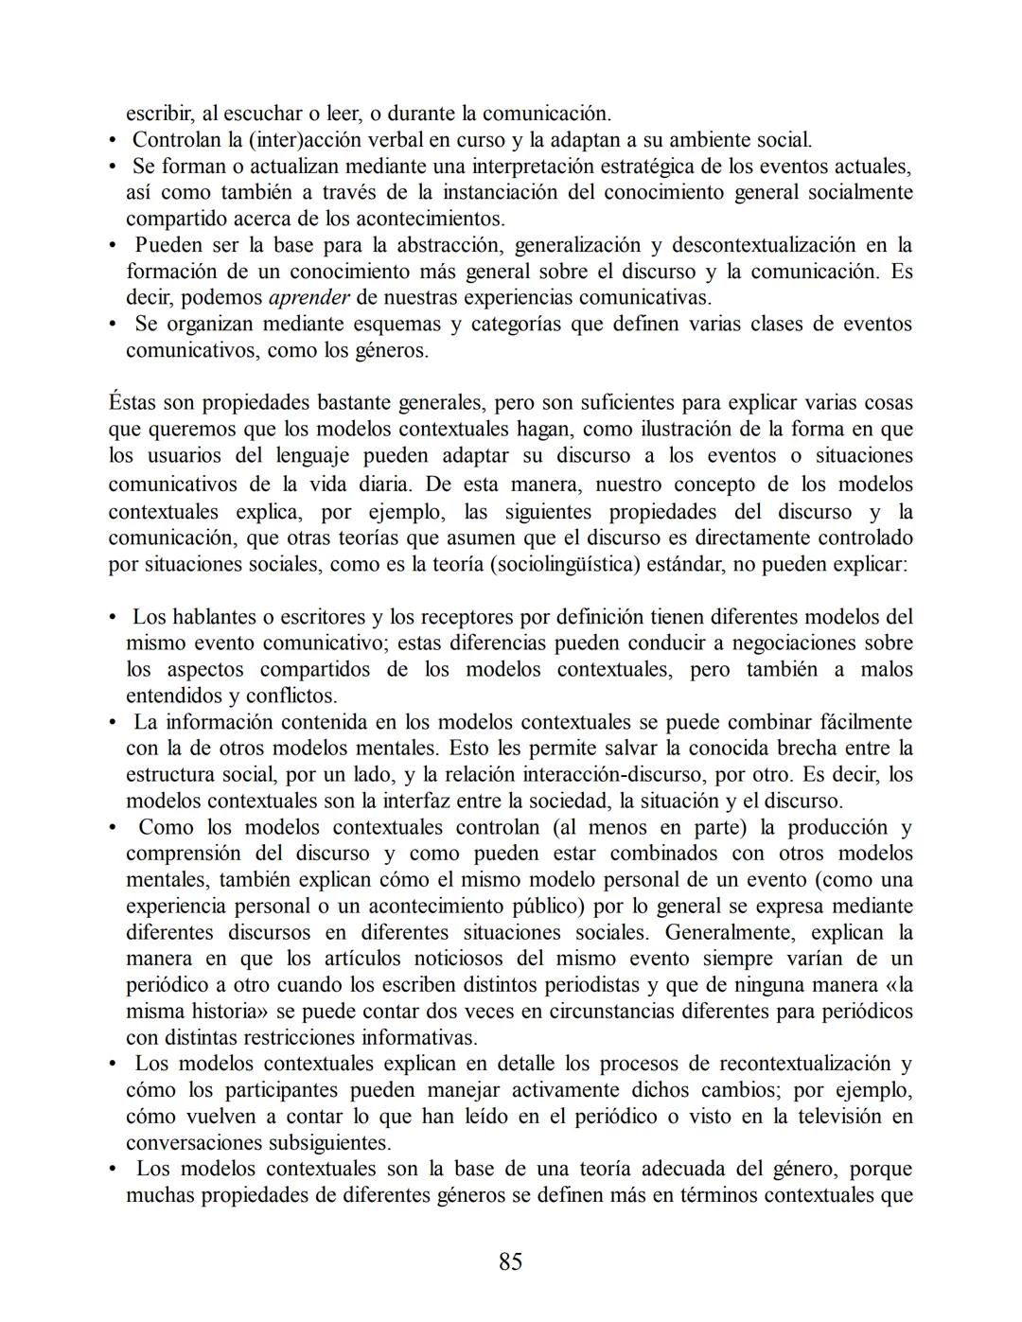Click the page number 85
510,1261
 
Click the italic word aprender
309,298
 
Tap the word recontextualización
805,1063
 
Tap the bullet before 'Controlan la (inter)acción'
113,141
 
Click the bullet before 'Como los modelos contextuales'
113,828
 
